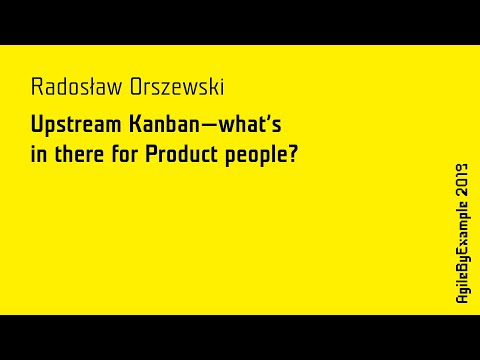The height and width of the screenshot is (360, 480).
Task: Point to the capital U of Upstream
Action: tap(38, 126)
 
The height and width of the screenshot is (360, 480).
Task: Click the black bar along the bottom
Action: tap(240, 337)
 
